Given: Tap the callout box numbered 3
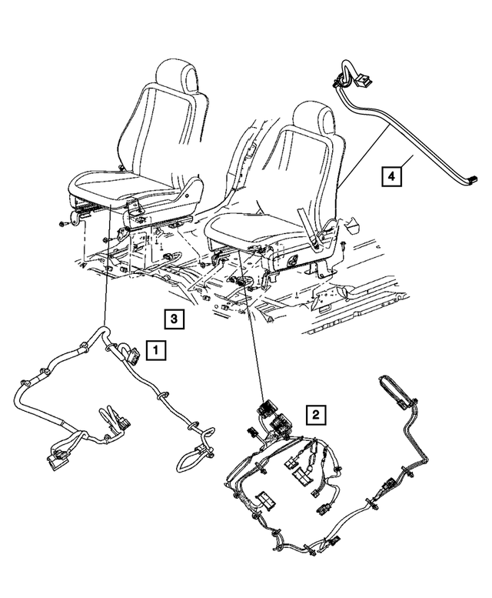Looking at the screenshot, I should point(174,318).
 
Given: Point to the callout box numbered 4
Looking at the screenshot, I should point(391,177).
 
